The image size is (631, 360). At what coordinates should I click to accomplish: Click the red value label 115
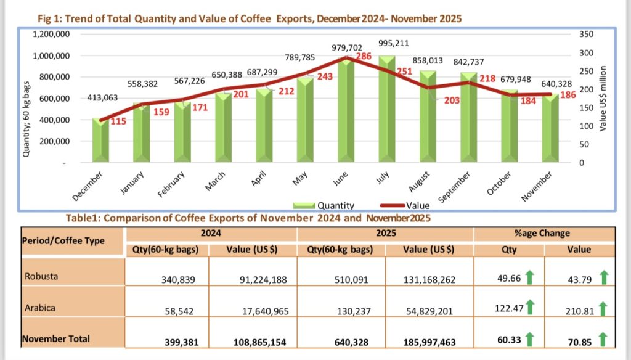[x=118, y=122]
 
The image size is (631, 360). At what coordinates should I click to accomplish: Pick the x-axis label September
[x=457, y=186]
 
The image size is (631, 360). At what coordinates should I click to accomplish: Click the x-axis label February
[x=173, y=184]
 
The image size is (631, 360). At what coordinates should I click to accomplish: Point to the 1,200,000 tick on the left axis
[x=51, y=35]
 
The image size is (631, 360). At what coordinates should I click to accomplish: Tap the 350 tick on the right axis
[x=586, y=35]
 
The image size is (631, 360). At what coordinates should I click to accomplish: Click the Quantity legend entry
[x=327, y=205]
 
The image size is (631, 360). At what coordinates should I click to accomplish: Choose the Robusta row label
[x=41, y=276]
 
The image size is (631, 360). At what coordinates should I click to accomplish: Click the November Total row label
[x=56, y=338]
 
